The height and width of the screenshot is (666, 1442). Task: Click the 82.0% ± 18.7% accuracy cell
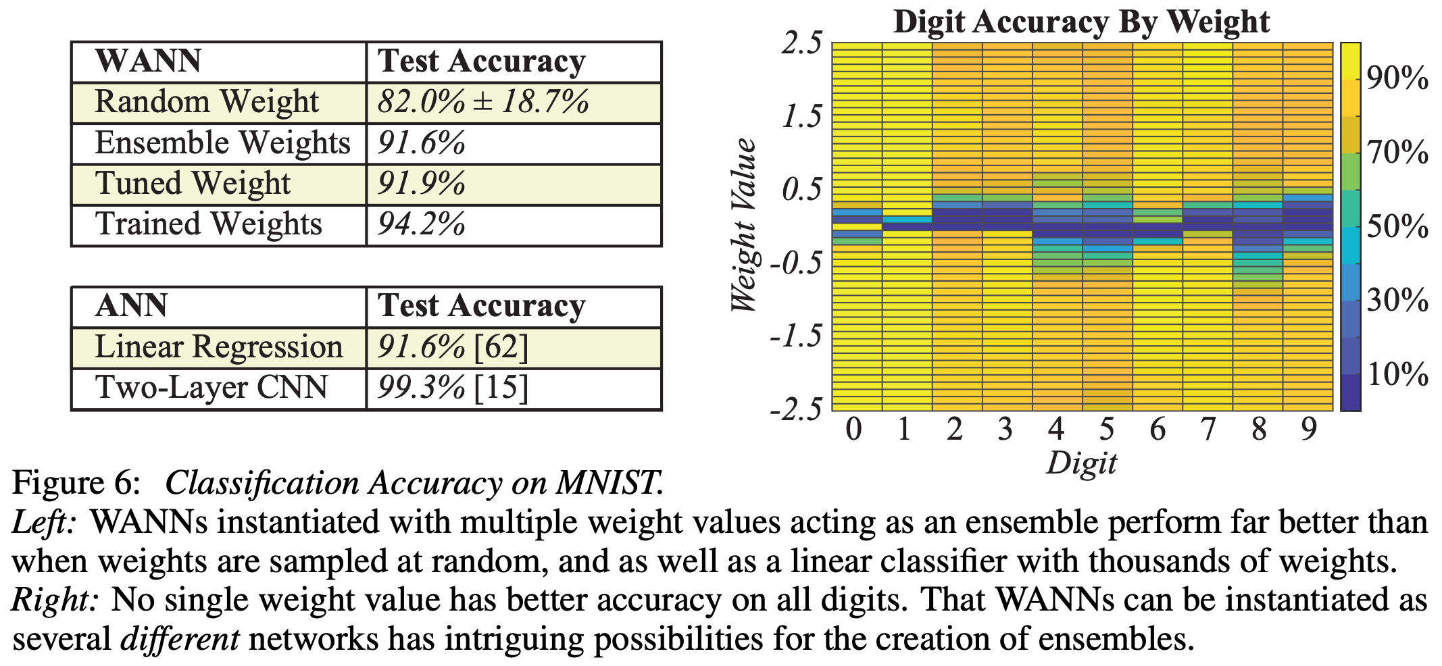482,103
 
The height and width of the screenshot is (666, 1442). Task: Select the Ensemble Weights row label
222,143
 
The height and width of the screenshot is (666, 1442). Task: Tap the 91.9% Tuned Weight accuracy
421,184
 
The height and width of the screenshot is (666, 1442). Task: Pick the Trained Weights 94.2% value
421,224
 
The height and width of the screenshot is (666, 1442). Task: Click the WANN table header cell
148,61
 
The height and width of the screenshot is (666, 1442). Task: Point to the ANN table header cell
131,306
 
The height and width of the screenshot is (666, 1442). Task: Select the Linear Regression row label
218,347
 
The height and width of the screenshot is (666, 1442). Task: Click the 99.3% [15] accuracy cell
452,388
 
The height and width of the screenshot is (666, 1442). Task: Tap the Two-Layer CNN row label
211,388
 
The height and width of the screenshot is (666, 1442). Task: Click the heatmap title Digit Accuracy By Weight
1081,21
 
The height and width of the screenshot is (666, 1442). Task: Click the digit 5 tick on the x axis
1106,429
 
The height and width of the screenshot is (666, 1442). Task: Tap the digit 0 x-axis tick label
854,429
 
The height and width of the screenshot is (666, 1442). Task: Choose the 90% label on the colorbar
1397,79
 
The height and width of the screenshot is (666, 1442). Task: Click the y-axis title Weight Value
744,225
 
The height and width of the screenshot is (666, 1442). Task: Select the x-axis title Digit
1081,463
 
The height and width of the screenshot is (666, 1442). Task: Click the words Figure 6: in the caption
76,484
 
